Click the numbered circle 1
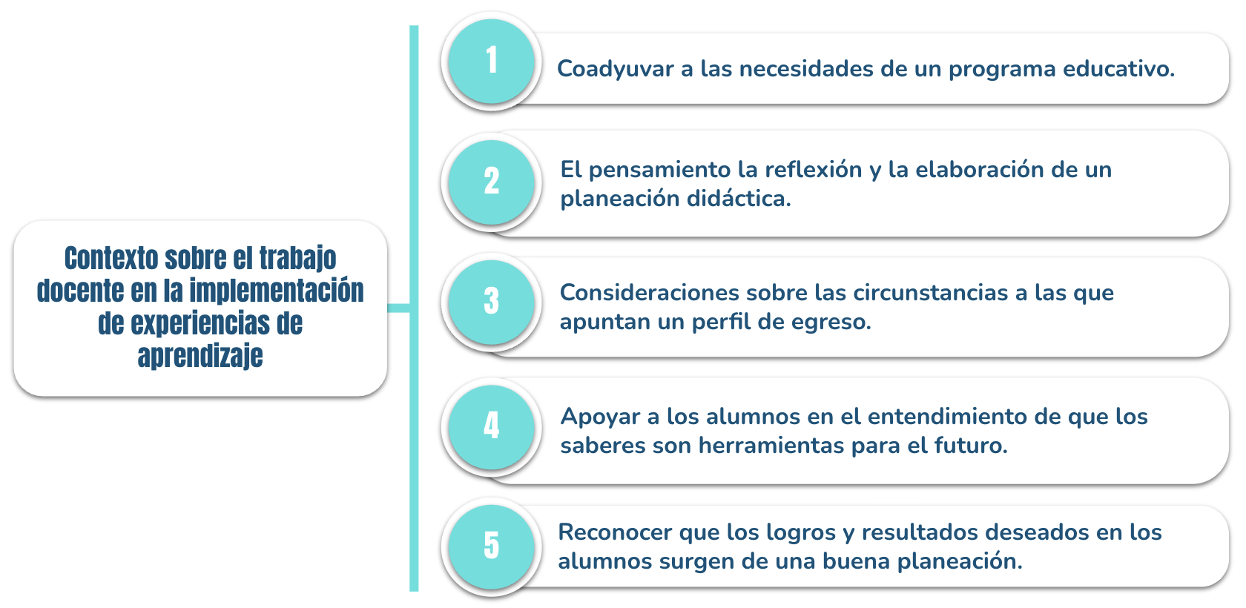492,62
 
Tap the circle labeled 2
492,182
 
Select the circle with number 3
492,302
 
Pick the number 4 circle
492,426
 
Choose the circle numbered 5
492,546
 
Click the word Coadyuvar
616,70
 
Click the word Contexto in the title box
111,258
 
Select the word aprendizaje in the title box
200,357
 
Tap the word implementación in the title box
277,291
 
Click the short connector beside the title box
398,308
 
